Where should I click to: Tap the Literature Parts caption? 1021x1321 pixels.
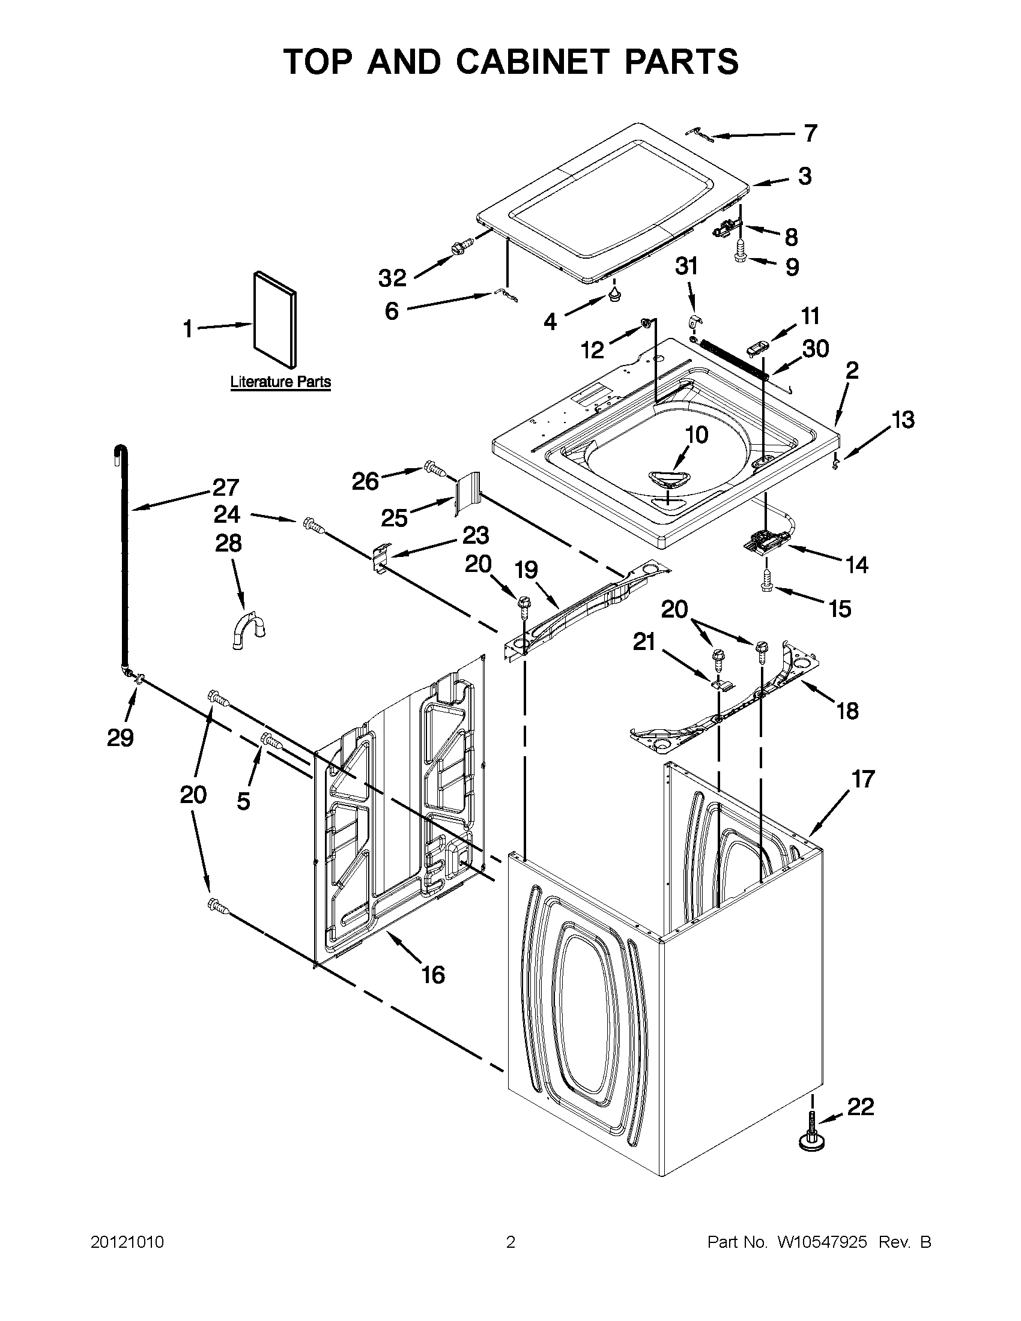click(280, 382)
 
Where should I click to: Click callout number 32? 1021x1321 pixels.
click(392, 278)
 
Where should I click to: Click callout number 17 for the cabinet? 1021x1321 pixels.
click(863, 779)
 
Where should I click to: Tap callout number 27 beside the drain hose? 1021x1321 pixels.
click(226, 487)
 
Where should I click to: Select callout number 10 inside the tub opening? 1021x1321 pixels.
click(696, 435)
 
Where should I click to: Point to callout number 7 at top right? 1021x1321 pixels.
click(810, 133)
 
